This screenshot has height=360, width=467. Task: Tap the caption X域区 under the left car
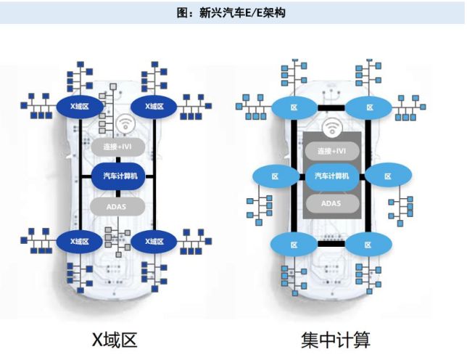[115, 339]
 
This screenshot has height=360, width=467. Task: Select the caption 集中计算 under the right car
[335, 339]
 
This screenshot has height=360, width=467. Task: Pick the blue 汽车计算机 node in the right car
[332, 176]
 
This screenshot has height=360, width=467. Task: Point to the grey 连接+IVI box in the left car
[117, 147]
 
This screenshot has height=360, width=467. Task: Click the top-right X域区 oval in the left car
[154, 107]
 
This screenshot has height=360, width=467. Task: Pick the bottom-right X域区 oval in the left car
[154, 240]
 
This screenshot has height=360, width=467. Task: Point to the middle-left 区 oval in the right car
[275, 176]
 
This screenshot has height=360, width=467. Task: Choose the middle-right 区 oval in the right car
[387, 176]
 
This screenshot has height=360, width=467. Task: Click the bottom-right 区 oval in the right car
[368, 243]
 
